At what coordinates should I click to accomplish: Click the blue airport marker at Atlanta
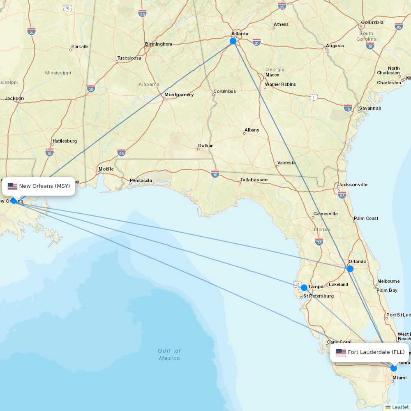tap(233, 41)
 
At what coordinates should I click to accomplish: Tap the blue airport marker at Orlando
tap(350, 269)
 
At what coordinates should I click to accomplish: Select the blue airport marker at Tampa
tap(304, 288)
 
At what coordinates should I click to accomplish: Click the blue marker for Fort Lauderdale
tap(394, 368)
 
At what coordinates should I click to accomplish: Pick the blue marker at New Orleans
tap(14, 201)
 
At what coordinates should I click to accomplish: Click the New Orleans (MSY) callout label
tap(44, 186)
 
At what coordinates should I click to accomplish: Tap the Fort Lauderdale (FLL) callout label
tap(376, 352)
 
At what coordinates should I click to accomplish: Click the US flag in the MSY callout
tap(13, 186)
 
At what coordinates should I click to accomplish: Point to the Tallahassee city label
tap(254, 180)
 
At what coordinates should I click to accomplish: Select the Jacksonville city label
tap(353, 185)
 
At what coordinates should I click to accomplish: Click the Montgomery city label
tap(179, 95)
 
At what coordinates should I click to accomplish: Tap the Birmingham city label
tap(159, 44)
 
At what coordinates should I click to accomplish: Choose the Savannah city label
tap(370, 108)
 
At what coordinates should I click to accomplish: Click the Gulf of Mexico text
tap(169, 354)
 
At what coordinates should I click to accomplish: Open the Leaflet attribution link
tap(400, 407)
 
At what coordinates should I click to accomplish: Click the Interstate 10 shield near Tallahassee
tap(215, 174)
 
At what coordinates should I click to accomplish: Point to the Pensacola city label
tap(141, 180)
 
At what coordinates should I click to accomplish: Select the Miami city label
tap(399, 378)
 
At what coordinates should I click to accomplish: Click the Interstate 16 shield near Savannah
tap(348, 107)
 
